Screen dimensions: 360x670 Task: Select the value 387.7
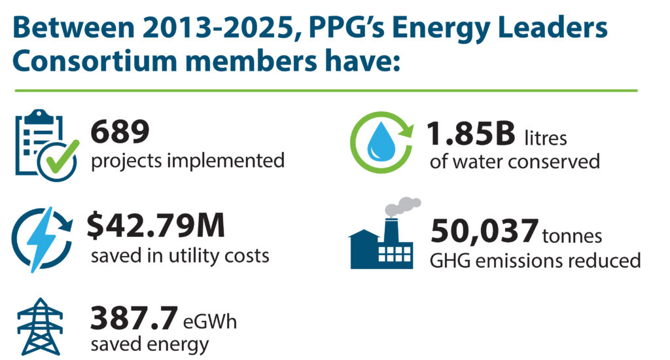click(133, 319)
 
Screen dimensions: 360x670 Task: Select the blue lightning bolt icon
click(43, 240)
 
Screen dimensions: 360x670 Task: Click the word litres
click(546, 138)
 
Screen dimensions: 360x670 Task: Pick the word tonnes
click(572, 236)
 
